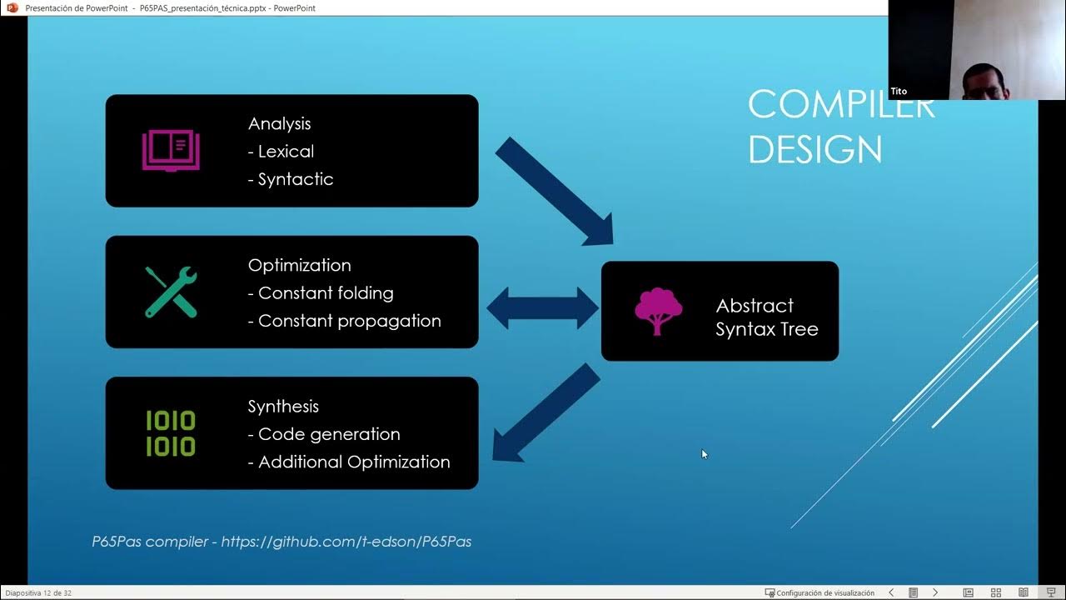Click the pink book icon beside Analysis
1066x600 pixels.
pyautogui.click(x=170, y=151)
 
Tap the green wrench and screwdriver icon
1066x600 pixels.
pyautogui.click(x=171, y=292)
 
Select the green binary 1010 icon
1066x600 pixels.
pyautogui.click(x=171, y=433)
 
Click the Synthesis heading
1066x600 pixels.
pyautogui.click(x=283, y=407)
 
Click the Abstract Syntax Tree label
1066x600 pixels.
pyautogui.click(x=766, y=317)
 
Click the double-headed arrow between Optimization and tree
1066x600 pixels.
pyautogui.click(x=542, y=308)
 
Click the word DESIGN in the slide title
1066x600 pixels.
pyautogui.click(x=814, y=150)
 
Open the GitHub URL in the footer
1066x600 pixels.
pyautogui.click(x=346, y=542)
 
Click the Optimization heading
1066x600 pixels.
pyautogui.click(x=299, y=265)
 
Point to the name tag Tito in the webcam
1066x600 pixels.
pyautogui.click(x=899, y=91)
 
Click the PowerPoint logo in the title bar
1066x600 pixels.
pyautogui.click(x=12, y=7)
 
